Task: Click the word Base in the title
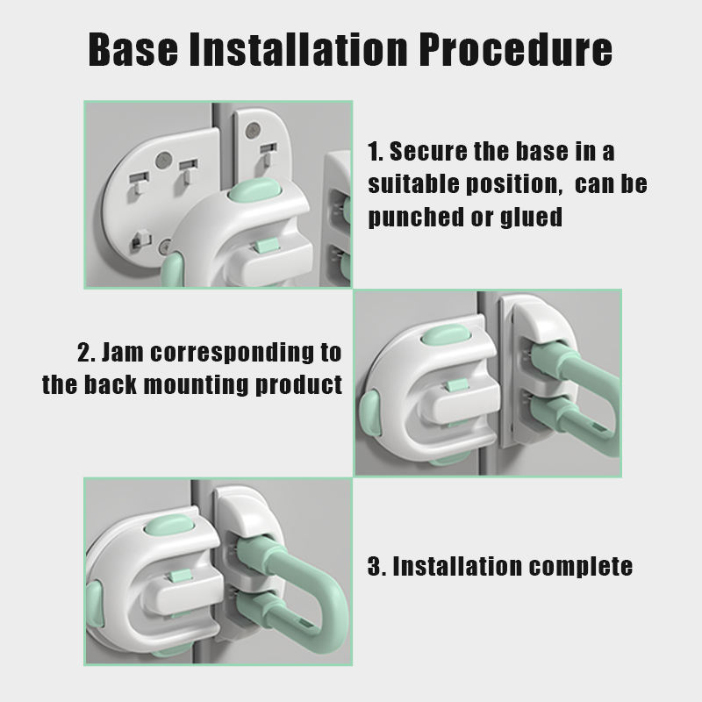(133, 49)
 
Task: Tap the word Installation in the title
(298, 49)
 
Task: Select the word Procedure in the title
(516, 49)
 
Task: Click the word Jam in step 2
(122, 353)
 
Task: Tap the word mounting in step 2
(196, 385)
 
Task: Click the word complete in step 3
(580, 567)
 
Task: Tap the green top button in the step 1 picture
(254, 190)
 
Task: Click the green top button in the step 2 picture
(446, 335)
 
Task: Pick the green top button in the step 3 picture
(169, 525)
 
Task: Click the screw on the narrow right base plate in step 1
(253, 130)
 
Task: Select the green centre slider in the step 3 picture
(179, 576)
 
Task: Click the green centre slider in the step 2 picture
(456, 385)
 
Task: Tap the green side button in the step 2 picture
(370, 412)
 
